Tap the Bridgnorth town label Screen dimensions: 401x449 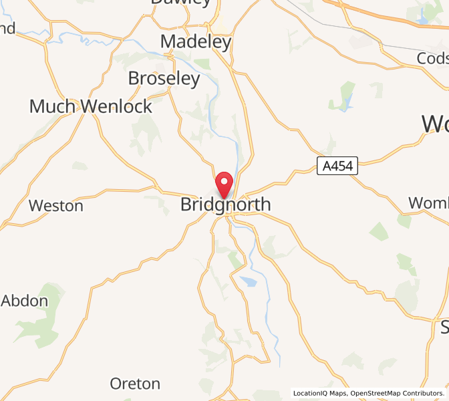[226, 205]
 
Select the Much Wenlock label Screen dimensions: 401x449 [91, 106]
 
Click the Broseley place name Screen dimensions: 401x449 [164, 78]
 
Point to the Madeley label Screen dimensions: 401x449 [196, 42]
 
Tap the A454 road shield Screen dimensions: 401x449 [337, 166]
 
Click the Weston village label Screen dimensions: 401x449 [56, 206]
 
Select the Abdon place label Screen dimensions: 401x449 [25, 301]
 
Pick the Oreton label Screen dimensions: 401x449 [135, 384]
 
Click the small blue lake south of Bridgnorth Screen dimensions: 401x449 [248, 281]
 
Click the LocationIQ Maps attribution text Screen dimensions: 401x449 [319, 393]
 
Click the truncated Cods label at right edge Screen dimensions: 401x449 [432, 59]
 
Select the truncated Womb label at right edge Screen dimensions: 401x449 [428, 203]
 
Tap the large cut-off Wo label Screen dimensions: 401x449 [435, 124]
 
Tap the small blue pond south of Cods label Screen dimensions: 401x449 [345, 104]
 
